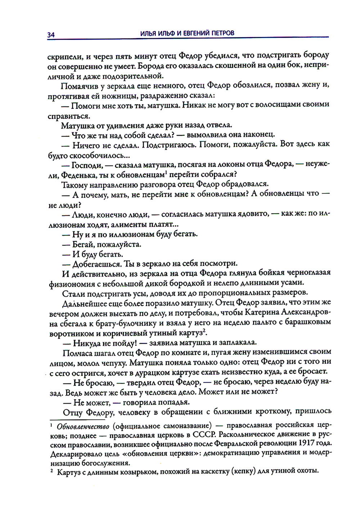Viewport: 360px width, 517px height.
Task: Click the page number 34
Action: click(x=50, y=35)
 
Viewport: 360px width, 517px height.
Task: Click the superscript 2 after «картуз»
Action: click(x=204, y=329)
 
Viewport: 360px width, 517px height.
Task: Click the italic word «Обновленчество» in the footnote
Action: click(x=84, y=427)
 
